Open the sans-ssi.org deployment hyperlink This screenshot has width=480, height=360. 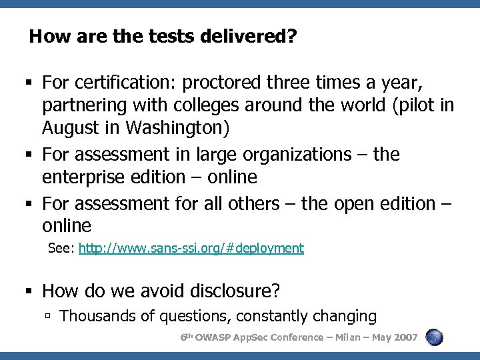click(191, 249)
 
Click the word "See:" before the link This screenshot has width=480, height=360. click(61, 249)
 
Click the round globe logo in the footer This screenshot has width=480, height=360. click(434, 337)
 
